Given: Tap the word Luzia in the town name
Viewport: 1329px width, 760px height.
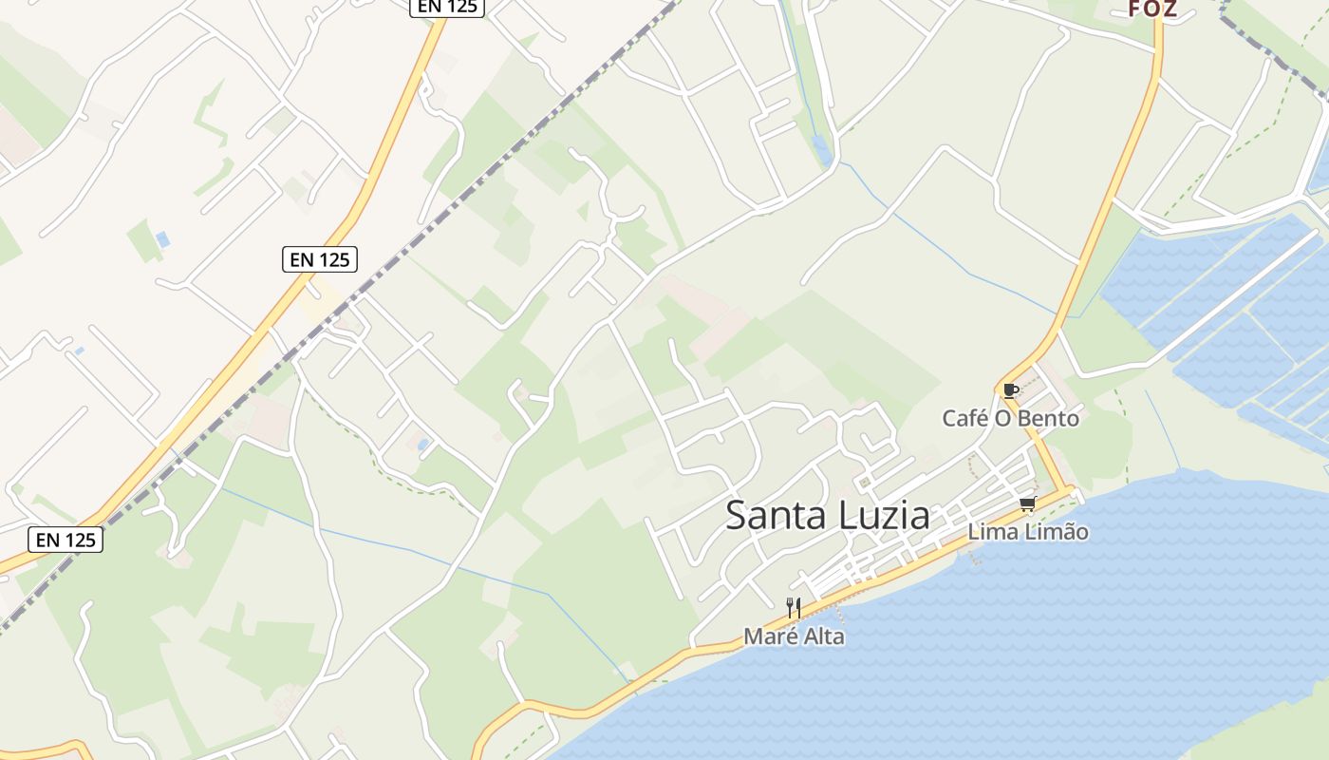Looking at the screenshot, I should tap(885, 516).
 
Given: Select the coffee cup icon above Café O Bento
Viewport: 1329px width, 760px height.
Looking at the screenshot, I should tap(1010, 390).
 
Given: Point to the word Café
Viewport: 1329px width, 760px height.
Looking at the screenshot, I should tap(964, 418).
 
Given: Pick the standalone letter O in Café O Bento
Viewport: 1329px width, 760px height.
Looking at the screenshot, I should tap(1004, 418).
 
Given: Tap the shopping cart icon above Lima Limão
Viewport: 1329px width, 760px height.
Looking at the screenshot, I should tap(1027, 503).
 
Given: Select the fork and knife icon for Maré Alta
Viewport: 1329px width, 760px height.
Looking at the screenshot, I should tap(794, 608).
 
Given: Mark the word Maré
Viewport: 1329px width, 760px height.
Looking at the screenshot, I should tap(770, 636).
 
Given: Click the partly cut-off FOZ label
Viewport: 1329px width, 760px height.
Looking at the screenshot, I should tap(1152, 9).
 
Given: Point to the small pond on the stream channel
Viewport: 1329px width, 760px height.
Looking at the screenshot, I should tap(821, 147).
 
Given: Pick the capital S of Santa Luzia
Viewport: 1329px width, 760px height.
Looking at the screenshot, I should tap(737, 516).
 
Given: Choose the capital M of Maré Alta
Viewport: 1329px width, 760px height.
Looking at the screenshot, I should tap(753, 636).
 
